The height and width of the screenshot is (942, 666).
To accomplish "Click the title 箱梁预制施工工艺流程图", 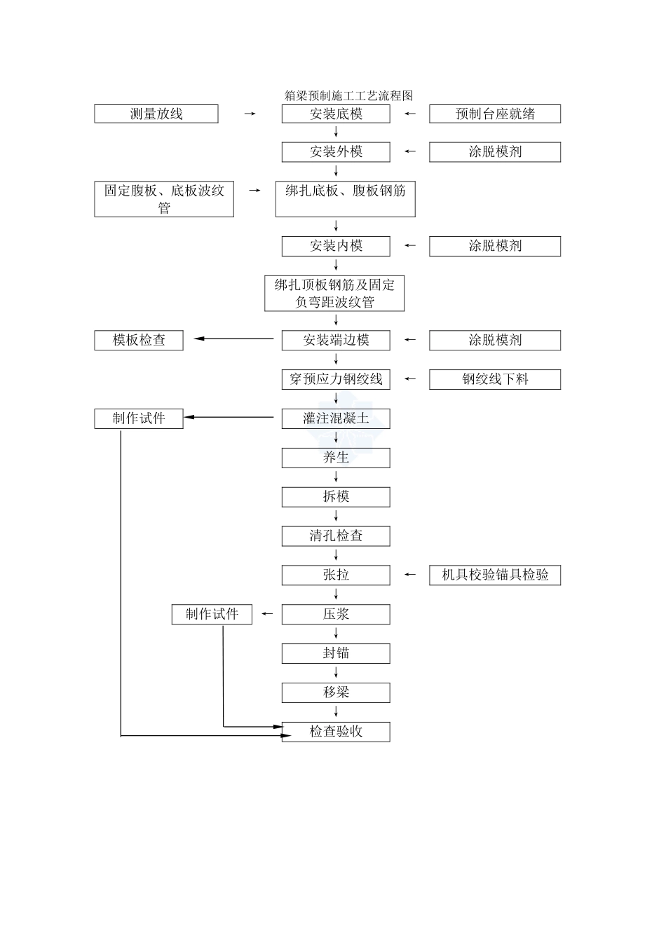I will [x=348, y=96].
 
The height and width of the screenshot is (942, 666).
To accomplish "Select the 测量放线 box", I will [x=156, y=114].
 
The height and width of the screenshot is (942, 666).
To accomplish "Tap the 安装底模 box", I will [x=336, y=114].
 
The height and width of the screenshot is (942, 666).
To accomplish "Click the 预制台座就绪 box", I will [x=495, y=114].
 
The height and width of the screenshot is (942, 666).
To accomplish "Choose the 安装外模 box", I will [x=336, y=152].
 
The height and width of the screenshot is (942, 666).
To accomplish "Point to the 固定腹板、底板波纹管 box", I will [x=164, y=199].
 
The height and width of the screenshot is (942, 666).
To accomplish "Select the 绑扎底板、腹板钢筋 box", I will [x=345, y=199].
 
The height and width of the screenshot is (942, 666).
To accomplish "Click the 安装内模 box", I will [x=336, y=246].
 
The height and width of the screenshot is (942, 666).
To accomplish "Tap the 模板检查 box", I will [x=139, y=341].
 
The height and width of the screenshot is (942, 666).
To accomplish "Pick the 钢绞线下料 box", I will [x=495, y=380].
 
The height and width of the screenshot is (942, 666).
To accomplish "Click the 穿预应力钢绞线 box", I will [x=336, y=380].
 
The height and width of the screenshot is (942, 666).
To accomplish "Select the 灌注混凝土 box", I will [x=336, y=419].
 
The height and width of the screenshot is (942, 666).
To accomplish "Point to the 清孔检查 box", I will [x=336, y=536].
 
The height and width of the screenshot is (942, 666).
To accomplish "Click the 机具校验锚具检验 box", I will [x=495, y=575].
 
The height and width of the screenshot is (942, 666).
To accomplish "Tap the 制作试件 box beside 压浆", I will [x=212, y=615].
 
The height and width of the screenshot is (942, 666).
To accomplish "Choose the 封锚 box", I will [x=336, y=654].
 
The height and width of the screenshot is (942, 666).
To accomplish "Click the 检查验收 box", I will [x=336, y=732].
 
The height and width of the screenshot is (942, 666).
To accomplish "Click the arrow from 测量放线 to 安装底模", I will [x=250, y=114].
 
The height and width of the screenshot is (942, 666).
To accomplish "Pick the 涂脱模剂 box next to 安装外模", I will [x=495, y=152].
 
